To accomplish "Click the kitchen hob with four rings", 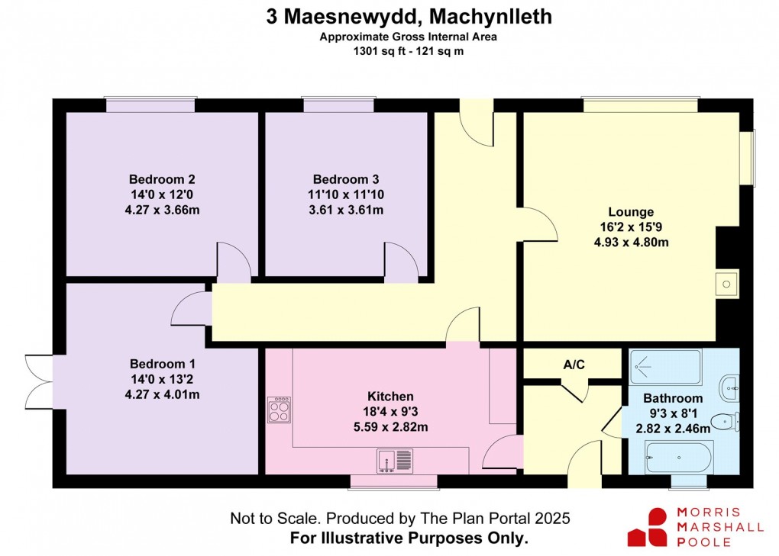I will (279, 410).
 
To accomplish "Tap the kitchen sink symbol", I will (394, 460).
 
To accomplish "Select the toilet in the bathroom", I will (723, 421).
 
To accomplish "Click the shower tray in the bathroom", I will (665, 367).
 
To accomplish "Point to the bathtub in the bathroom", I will (678, 458).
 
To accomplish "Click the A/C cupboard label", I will (574, 365).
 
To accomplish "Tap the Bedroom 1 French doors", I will (38, 381).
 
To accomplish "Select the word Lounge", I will (631, 211).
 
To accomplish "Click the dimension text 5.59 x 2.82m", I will (391, 427).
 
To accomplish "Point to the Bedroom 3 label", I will (338, 179).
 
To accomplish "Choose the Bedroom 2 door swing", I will (234, 261).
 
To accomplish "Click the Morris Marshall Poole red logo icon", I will (648, 527).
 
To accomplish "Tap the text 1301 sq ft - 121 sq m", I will (409, 52).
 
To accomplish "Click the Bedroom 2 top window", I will (151, 105).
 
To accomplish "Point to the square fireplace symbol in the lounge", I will (727, 284).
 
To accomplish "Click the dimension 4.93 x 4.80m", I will (631, 243).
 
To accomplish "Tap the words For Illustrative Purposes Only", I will (409, 538).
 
